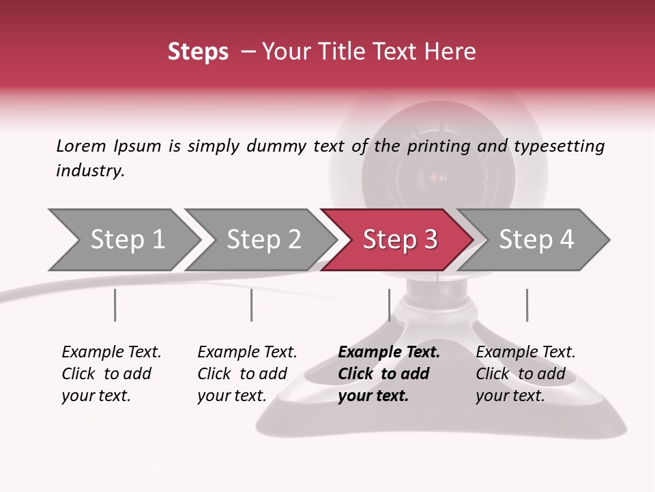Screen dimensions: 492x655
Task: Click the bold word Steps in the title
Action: click(x=198, y=52)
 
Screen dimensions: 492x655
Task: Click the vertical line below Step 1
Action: click(x=115, y=305)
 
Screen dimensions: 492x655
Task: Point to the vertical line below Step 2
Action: click(x=252, y=305)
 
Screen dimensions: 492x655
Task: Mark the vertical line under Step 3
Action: click(x=389, y=305)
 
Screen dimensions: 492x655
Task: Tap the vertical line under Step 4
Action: click(x=527, y=305)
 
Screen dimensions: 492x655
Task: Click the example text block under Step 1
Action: click(x=111, y=374)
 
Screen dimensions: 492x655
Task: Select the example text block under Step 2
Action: click(x=247, y=374)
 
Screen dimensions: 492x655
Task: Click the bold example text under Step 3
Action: click(x=389, y=374)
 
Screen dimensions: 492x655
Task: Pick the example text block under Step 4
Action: click(x=525, y=374)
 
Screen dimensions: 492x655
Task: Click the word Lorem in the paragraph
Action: click(x=81, y=146)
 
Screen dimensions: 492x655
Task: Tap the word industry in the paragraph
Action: click(x=89, y=171)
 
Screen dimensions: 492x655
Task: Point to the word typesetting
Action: click(x=559, y=146)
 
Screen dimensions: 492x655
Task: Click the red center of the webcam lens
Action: click(x=437, y=178)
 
